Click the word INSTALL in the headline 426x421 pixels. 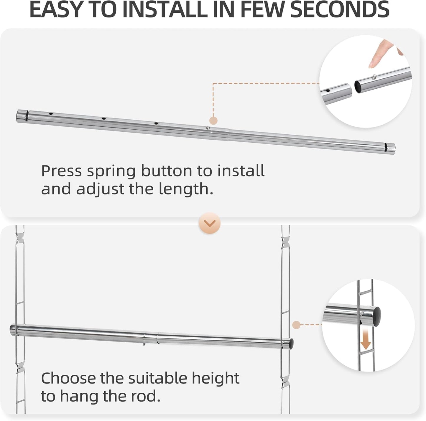(x=165, y=9)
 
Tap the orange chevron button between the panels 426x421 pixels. (x=210, y=223)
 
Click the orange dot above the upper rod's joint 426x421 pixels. (x=213, y=120)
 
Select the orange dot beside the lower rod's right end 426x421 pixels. (x=296, y=325)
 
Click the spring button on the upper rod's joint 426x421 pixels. (x=208, y=128)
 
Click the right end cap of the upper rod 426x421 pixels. (x=391, y=148)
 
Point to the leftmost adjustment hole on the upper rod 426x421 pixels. (x=51, y=113)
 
